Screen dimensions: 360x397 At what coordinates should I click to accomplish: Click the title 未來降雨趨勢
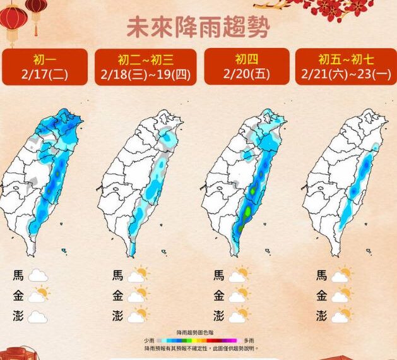(x=198, y=28)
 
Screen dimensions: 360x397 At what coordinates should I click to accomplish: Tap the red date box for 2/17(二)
(x=44, y=67)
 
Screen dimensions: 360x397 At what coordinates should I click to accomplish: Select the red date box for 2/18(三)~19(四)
(x=145, y=67)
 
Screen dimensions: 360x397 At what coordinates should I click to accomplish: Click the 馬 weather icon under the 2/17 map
(x=38, y=275)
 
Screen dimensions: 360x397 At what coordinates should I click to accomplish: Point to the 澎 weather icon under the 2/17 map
(x=38, y=316)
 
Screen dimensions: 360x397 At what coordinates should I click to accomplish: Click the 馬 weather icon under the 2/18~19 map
(x=138, y=275)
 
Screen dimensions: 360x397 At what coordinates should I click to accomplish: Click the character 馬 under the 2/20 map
(x=218, y=275)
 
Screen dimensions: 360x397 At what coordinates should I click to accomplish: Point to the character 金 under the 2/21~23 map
(x=321, y=295)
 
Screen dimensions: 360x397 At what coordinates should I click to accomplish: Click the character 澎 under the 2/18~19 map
(x=118, y=315)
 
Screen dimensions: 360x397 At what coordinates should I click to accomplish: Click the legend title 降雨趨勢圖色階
(x=199, y=333)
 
